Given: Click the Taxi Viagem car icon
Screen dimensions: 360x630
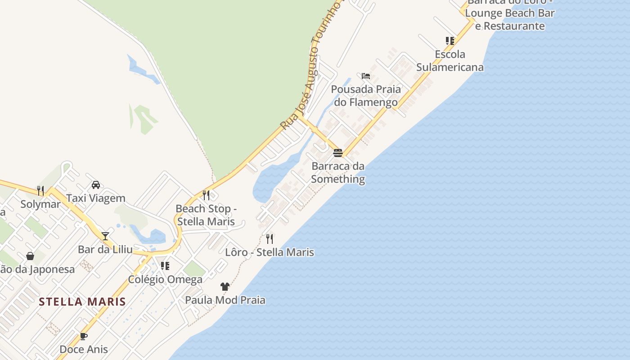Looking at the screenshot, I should pos(96,185).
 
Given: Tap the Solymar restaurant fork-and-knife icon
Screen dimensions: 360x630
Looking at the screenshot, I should pos(40,191).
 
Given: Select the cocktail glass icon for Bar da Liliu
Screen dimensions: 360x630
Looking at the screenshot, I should pos(105,236).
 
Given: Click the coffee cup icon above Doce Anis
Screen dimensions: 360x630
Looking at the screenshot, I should pos(84,336).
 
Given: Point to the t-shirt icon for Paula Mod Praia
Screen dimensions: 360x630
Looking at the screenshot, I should pos(225,287).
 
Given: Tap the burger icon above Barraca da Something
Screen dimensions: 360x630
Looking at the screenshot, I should pos(338,153).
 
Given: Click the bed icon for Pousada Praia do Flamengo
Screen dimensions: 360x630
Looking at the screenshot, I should pos(366,76).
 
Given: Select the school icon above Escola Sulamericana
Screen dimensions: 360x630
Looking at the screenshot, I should pos(450,41).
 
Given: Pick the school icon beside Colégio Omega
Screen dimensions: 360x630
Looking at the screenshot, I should pos(165,266).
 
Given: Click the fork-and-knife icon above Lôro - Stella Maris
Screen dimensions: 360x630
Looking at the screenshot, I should pos(270,238).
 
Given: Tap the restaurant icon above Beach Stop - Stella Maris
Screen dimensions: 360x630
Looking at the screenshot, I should pos(206,195).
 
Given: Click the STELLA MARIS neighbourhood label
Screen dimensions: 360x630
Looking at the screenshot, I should pos(82,301).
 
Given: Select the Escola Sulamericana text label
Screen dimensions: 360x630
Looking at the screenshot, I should pos(450,61).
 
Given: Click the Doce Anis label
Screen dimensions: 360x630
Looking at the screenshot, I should pos(84,349).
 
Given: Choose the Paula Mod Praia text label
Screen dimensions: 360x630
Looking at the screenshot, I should pos(225,300).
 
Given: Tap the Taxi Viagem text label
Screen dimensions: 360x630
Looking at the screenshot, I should pos(96,198).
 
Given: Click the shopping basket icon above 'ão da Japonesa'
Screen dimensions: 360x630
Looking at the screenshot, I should pos(30,256).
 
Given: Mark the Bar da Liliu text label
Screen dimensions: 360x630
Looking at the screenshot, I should pos(105,249).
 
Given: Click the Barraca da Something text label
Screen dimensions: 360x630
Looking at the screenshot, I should pos(338,172).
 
